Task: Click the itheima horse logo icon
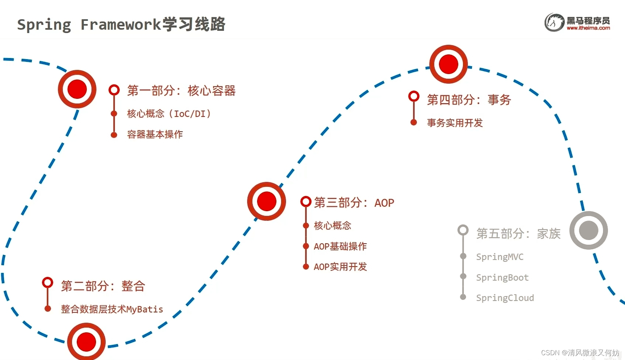click(x=554, y=23)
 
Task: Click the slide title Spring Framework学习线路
click(x=121, y=24)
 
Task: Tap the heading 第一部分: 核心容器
click(x=181, y=91)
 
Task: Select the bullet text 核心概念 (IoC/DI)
click(x=169, y=114)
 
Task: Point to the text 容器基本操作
click(x=155, y=134)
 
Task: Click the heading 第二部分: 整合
click(x=103, y=286)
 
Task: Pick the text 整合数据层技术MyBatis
click(x=112, y=309)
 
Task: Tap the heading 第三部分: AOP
click(x=354, y=203)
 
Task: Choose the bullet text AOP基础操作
click(x=340, y=246)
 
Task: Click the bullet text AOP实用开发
click(x=340, y=266)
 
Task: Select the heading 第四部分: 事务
click(x=469, y=100)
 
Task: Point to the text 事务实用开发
click(x=455, y=123)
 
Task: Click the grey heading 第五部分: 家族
click(x=518, y=234)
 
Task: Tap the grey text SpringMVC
click(x=500, y=257)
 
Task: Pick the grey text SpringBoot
click(x=502, y=277)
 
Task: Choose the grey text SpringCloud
click(x=505, y=298)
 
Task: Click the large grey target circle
click(x=588, y=230)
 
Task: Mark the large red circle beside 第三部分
click(x=266, y=201)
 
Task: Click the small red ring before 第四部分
click(x=414, y=96)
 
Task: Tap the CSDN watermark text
click(x=580, y=353)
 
